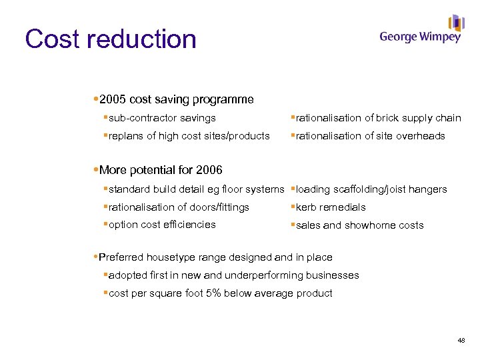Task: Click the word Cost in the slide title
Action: pos(52,39)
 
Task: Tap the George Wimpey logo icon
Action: pos(456,23)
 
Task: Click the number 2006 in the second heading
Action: pos(208,170)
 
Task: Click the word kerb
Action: pos(306,207)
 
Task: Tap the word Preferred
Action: pos(121,257)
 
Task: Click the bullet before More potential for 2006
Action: pos(95,170)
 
